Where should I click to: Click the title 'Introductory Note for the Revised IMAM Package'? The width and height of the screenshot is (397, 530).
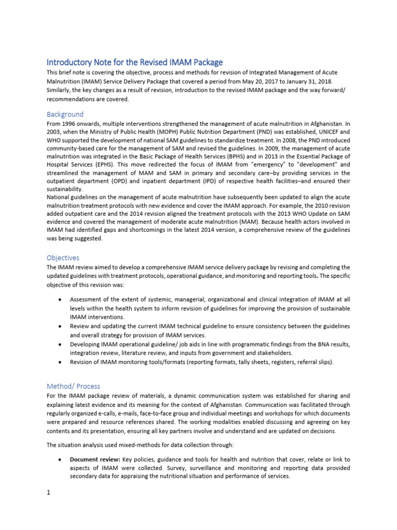(x=134, y=62)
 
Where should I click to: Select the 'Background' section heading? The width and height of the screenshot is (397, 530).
(x=65, y=114)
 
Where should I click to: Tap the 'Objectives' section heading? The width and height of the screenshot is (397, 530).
(x=63, y=257)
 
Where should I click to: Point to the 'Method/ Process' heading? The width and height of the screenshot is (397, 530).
(x=73, y=386)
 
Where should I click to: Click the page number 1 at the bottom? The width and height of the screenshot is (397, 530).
(x=48, y=492)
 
